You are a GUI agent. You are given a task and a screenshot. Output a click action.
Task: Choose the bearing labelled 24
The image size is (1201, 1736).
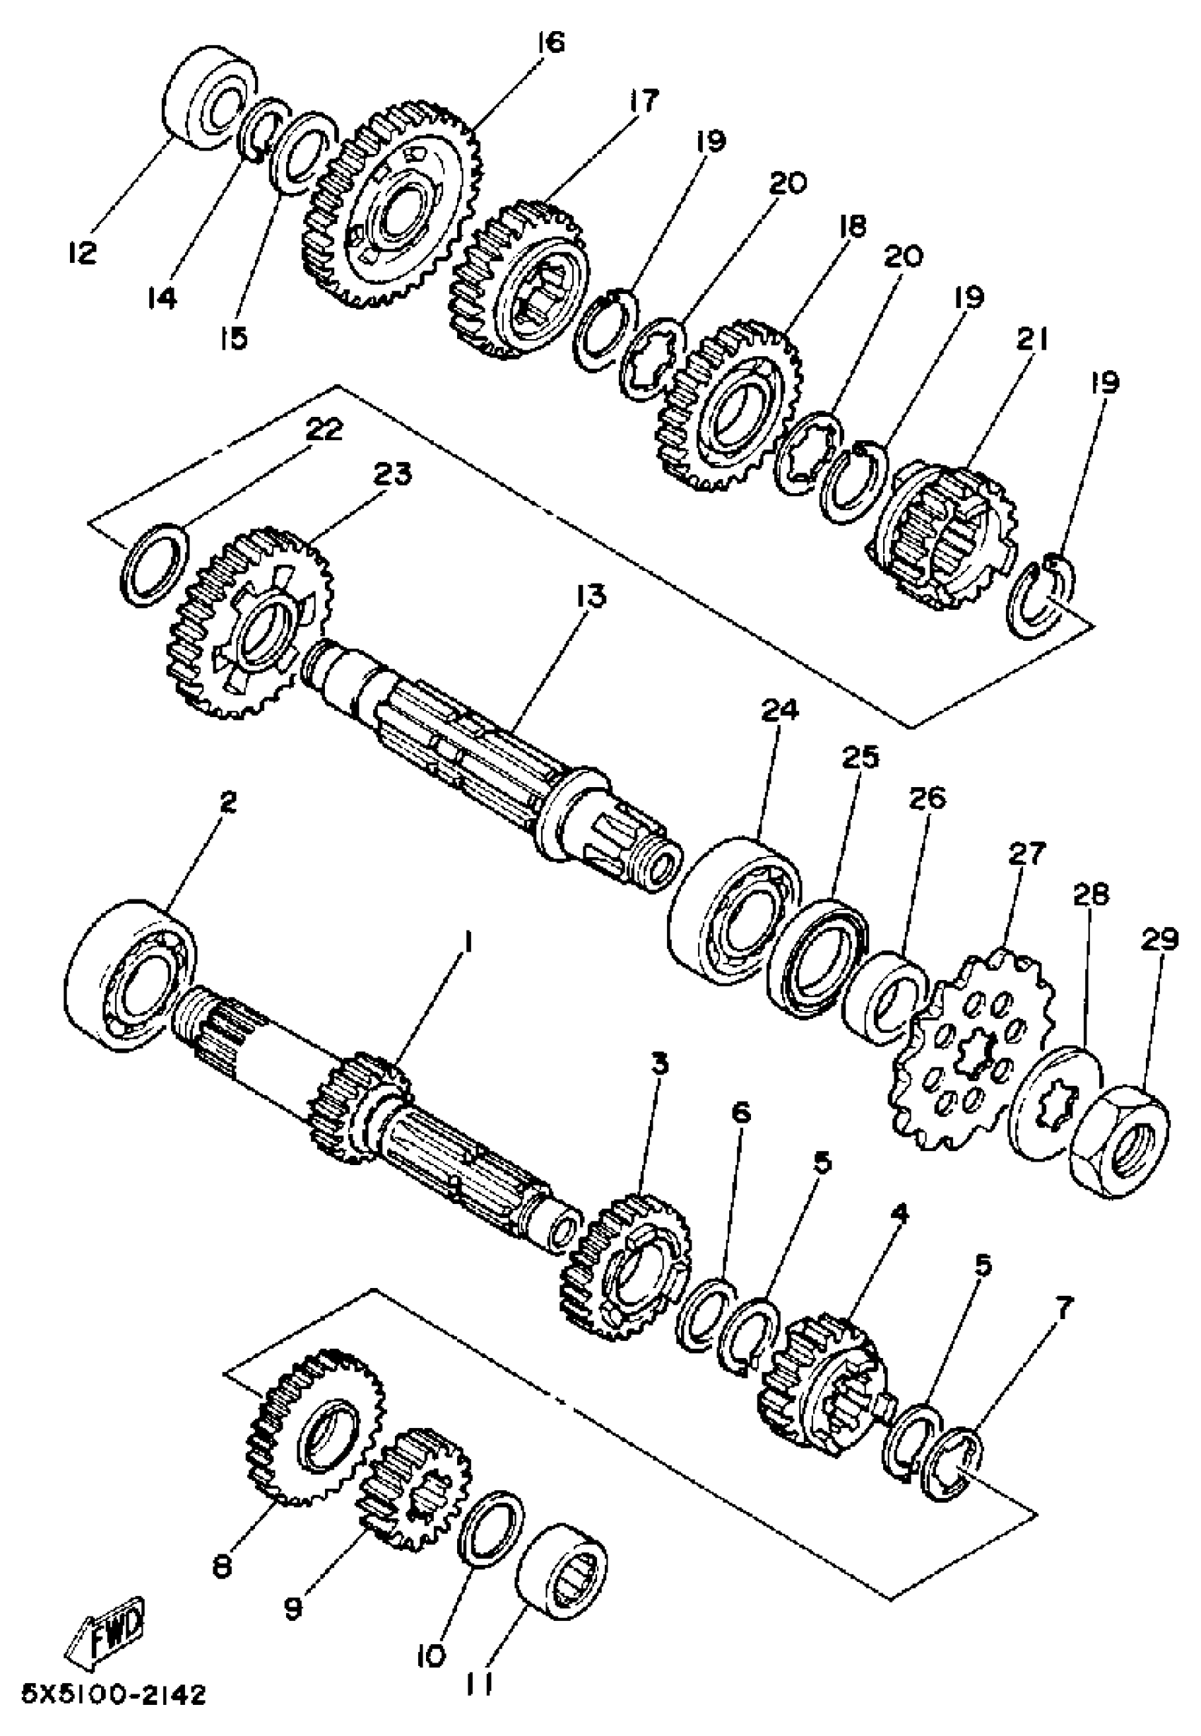point(735,911)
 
